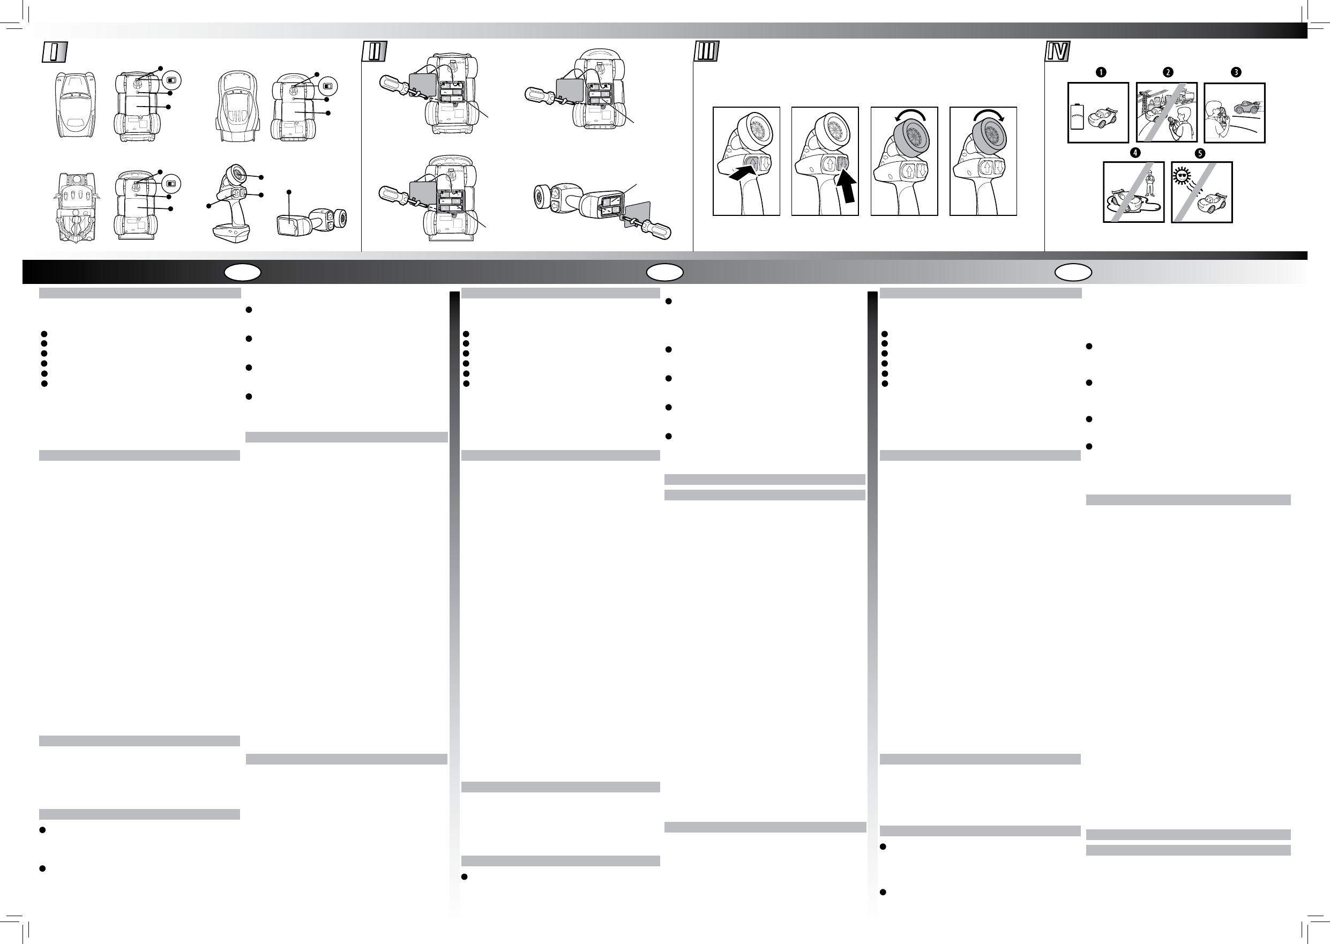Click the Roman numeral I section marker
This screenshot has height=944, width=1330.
tap(54, 53)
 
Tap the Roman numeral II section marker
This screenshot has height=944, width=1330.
tap(375, 53)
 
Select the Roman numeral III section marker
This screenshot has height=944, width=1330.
tap(707, 53)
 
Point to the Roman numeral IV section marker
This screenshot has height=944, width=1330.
tap(1058, 53)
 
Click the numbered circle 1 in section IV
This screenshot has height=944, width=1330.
tap(1101, 73)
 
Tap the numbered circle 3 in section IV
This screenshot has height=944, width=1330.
tap(1236, 73)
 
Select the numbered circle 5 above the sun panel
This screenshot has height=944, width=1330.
tap(1199, 153)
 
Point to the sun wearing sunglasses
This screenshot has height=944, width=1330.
tap(1181, 176)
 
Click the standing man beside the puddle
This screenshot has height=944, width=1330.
tap(1149, 188)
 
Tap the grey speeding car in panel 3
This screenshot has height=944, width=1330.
tap(1247, 107)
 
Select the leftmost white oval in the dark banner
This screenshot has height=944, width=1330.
tap(243, 272)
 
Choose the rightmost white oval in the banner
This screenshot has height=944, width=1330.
tap(1074, 272)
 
